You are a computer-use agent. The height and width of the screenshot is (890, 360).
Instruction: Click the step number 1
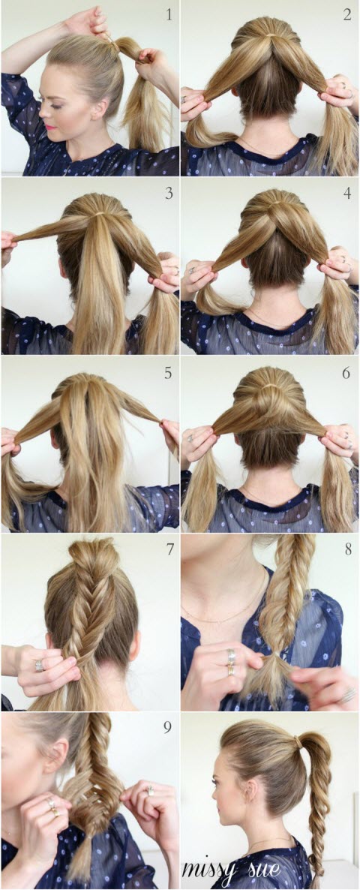pyautogui.click(x=169, y=14)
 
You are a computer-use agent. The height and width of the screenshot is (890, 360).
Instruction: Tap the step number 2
pyautogui.click(x=347, y=14)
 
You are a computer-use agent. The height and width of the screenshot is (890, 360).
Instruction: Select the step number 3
pyautogui.click(x=169, y=193)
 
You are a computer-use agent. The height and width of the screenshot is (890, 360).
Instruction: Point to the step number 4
pyautogui.click(x=347, y=193)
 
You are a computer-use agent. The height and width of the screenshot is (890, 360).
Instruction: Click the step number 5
pyautogui.click(x=169, y=372)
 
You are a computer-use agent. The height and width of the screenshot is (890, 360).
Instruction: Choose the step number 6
pyautogui.click(x=347, y=372)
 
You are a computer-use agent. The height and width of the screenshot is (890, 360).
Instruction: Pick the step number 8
pyautogui.click(x=347, y=549)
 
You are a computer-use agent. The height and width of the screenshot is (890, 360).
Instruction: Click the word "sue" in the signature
pyautogui.click(x=259, y=869)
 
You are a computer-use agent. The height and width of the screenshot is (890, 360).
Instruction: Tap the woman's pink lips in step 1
pyautogui.click(x=52, y=124)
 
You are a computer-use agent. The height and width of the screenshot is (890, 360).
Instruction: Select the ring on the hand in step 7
pyautogui.click(x=37, y=665)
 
